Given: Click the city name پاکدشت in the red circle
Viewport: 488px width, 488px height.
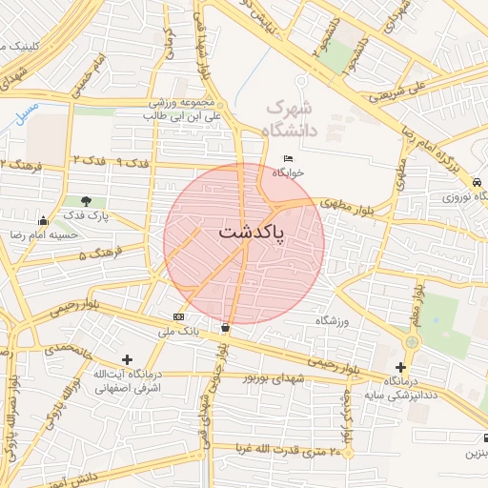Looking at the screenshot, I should [x=252, y=232].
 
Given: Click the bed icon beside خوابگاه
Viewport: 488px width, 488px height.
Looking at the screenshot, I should [x=289, y=158].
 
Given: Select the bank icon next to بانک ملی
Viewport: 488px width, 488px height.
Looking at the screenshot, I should [x=178, y=316].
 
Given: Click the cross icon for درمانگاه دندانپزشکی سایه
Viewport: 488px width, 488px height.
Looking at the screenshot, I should [x=400, y=366].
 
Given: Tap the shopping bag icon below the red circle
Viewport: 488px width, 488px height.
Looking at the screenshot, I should [x=225, y=327].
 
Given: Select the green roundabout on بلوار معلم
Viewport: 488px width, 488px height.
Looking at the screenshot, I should [x=413, y=340].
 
